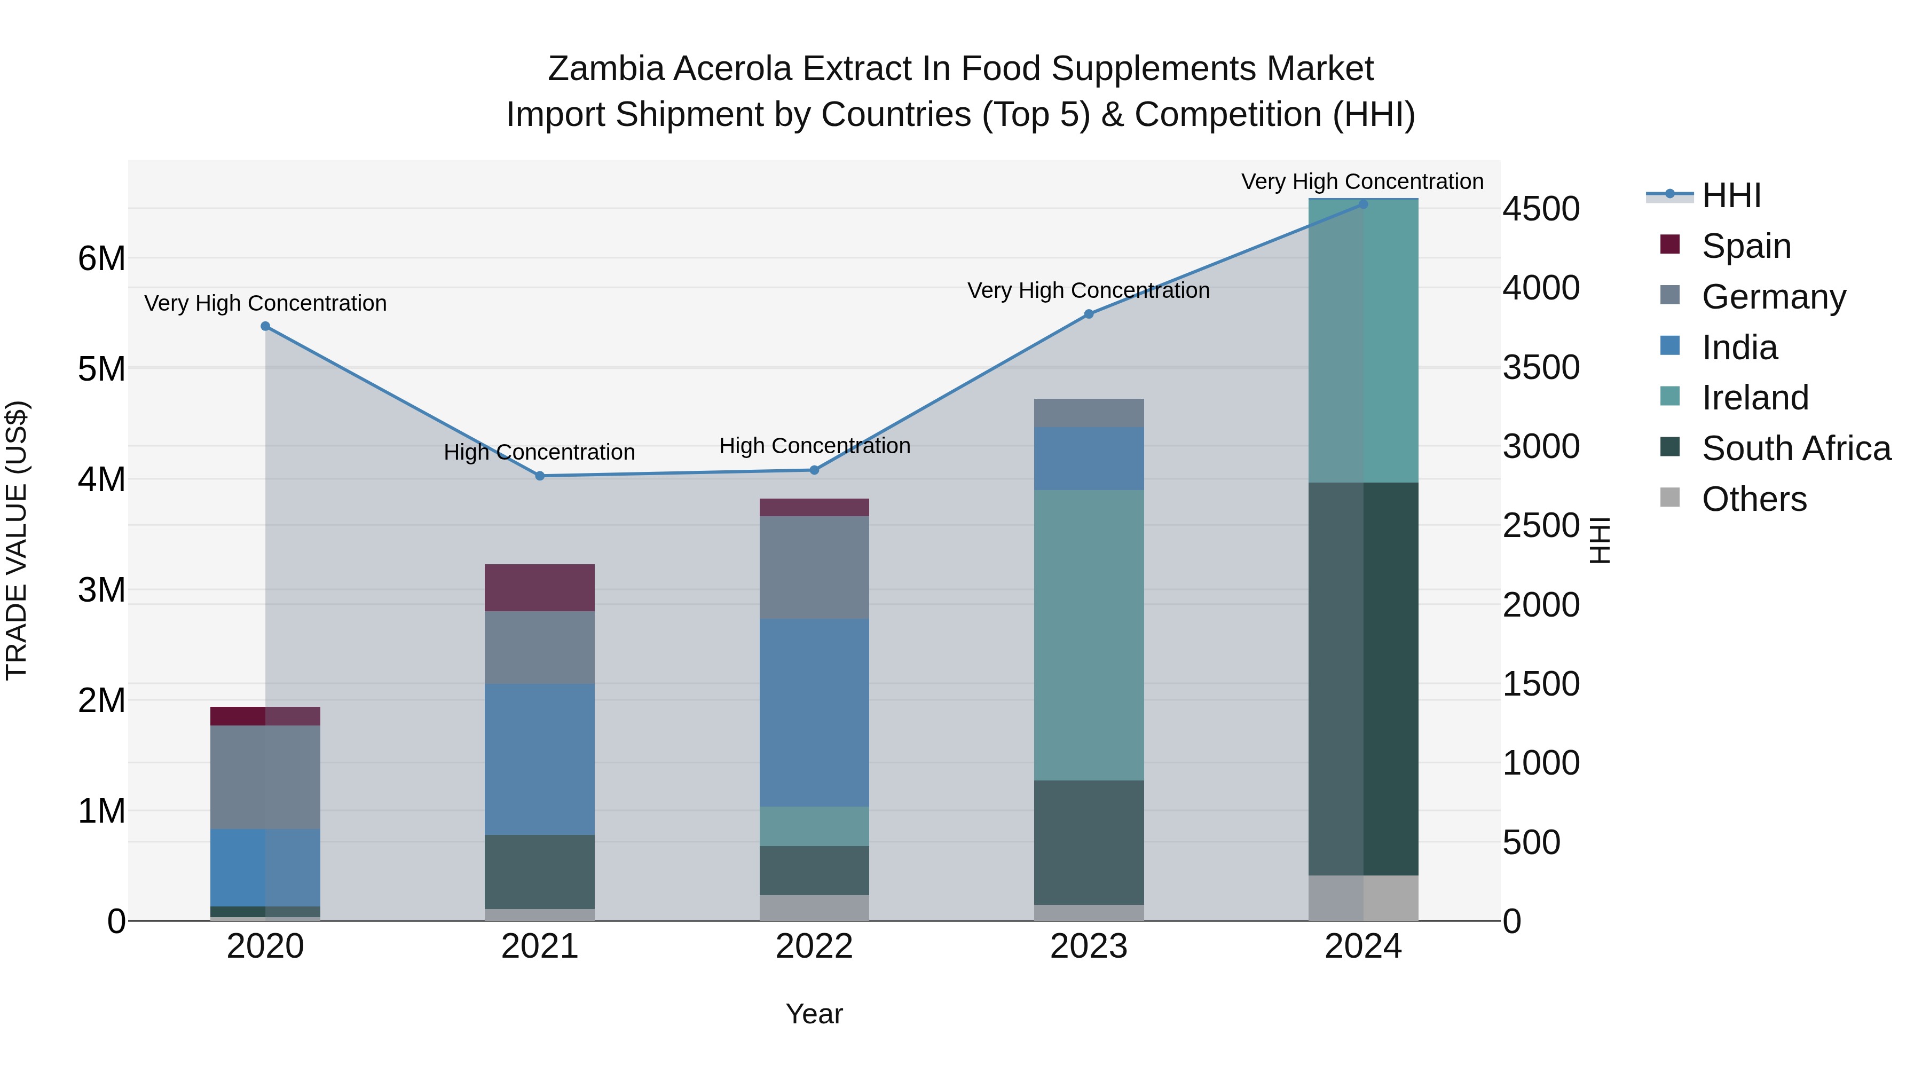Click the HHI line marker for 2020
[266, 326]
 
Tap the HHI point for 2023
[1089, 314]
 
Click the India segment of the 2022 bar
[814, 713]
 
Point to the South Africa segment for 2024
[1363, 679]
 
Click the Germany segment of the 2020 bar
[266, 777]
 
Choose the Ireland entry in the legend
[1754, 398]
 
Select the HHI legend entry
[1731, 195]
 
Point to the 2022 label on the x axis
[814, 946]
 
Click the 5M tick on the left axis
[101, 368]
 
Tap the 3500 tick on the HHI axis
[1541, 367]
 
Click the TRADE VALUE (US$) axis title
[17, 540]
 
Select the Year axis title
[814, 1014]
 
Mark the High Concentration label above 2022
[815, 445]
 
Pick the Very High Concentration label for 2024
[1362, 182]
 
